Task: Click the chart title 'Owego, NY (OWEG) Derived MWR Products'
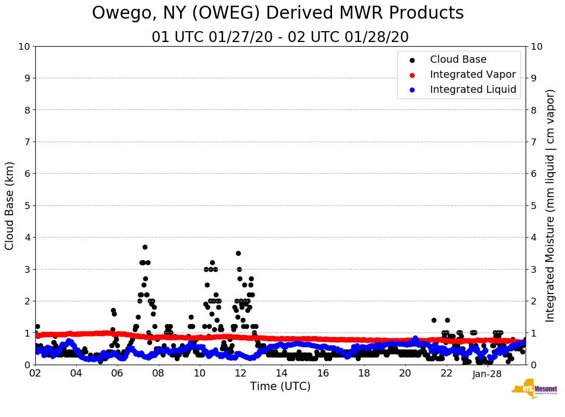coord(278,13)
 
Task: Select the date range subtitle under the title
coord(280,37)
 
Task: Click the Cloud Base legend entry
coord(458,60)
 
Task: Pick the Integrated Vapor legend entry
coord(473,75)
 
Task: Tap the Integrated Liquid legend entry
coord(473,90)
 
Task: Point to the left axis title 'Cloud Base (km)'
coord(10,205)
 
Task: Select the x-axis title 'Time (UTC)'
coord(280,386)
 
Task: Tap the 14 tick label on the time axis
coord(282,373)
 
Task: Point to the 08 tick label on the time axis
coord(158,373)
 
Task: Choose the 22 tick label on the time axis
coord(446,373)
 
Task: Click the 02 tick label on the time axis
coord(35,373)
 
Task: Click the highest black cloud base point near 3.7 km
coord(145,247)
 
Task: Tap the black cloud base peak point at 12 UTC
coord(238,253)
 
